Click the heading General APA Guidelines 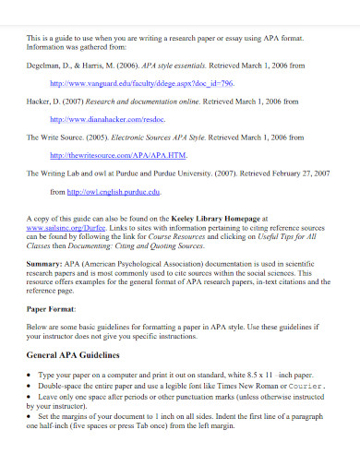[74, 355]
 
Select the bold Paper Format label [51, 308]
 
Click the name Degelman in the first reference [45, 66]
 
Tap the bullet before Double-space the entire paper [33, 385]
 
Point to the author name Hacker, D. [45, 102]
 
